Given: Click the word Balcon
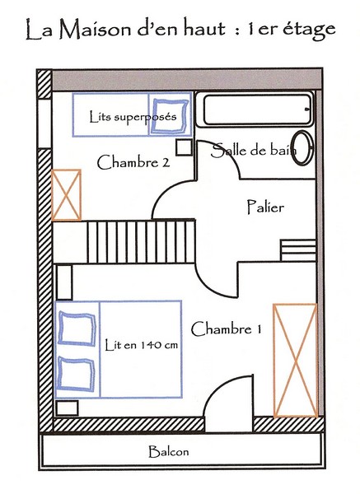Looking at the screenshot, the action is [x=169, y=451].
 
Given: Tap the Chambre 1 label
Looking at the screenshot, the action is [x=226, y=329].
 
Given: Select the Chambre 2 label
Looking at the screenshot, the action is [x=133, y=162].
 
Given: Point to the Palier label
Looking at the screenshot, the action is [x=265, y=207].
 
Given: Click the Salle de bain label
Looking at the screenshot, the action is [x=254, y=150].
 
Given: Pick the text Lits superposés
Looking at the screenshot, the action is [x=133, y=117].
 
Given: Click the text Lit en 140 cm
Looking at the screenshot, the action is [x=141, y=345].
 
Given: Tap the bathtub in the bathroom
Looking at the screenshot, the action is [x=255, y=110].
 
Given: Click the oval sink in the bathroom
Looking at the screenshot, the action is [x=302, y=147].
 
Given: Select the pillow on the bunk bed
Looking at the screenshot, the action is [x=170, y=116].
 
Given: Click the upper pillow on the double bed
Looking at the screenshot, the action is [x=77, y=329].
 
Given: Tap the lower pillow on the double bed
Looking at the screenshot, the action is [x=77, y=374].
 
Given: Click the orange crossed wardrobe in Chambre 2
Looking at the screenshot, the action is [x=66, y=195].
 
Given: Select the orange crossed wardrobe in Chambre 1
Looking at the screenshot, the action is [x=295, y=361].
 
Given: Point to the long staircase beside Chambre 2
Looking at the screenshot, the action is [x=141, y=242].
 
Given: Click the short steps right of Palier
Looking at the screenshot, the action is [x=298, y=250].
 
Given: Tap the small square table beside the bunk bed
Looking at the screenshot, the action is [x=184, y=147].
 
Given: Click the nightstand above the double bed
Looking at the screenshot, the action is [x=64, y=282].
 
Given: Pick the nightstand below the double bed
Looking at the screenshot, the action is [x=68, y=408].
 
